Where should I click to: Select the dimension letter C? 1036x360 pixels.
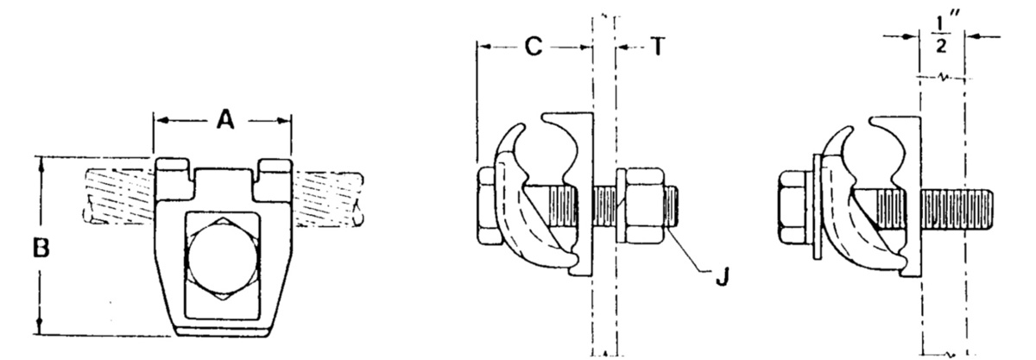point(534,47)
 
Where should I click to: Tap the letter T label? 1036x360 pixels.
point(657,47)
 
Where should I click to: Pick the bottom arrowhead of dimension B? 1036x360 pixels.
point(40,329)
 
